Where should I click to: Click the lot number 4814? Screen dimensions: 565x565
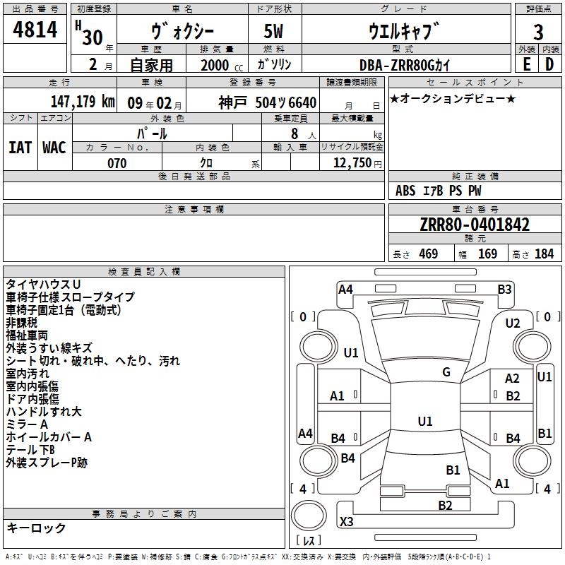[35, 29]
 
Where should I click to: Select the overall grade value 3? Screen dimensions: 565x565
[538, 32]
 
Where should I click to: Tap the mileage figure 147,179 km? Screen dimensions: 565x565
[83, 101]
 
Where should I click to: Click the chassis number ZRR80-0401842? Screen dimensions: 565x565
[475, 225]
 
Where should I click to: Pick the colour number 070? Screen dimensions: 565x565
[117, 163]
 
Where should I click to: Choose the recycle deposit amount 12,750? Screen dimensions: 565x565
[352, 162]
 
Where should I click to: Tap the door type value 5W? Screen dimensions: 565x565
[273, 31]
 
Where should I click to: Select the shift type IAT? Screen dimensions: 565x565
[20, 148]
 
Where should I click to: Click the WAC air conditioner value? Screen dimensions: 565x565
[54, 148]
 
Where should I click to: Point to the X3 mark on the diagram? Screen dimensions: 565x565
[346, 521]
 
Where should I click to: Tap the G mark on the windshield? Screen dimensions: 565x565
[446, 372]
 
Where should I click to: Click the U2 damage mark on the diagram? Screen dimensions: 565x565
[513, 323]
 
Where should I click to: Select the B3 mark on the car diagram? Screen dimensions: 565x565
[504, 290]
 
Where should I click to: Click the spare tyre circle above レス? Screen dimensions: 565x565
[309, 516]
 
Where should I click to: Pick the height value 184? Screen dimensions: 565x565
[544, 254]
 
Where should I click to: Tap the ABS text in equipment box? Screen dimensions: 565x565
[405, 191]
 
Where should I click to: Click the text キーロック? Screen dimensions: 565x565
[36, 528]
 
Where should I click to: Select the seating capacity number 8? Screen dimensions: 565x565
[295, 133]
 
